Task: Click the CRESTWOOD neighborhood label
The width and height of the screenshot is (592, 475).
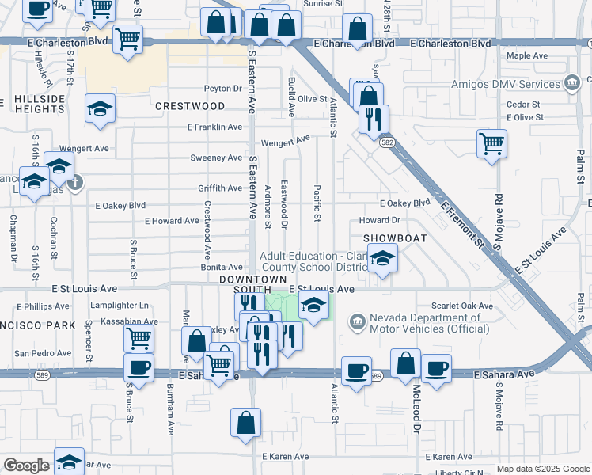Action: tap(190, 105)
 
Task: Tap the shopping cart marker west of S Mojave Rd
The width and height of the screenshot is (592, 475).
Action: tap(491, 145)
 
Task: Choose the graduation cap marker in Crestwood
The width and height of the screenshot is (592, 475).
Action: tap(100, 109)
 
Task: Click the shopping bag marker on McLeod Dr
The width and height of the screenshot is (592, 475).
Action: tap(406, 364)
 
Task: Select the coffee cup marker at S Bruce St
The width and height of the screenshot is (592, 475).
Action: tap(139, 369)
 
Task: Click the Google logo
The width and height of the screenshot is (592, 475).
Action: tap(26, 465)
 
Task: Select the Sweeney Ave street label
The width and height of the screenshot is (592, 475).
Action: tap(216, 158)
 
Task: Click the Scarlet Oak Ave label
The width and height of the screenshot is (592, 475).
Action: tap(462, 306)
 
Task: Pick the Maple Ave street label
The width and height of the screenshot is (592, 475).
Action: tap(527, 56)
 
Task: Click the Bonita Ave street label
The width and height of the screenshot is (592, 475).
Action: tap(221, 268)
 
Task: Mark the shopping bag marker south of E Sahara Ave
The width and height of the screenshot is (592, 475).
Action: tap(245, 423)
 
